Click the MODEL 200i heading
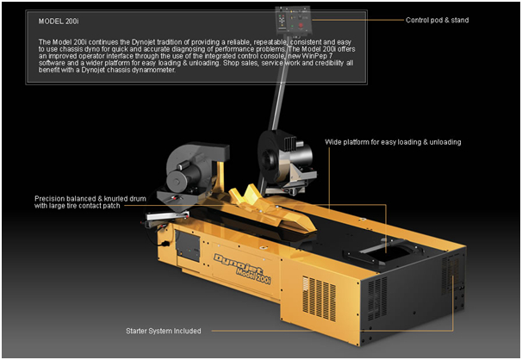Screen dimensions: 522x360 pos(59,22)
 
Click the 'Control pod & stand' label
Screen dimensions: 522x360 pos(437,20)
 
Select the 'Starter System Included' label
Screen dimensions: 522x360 pos(164,331)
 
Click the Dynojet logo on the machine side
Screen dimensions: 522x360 pos(239,264)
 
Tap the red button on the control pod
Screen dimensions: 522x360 pos(301,25)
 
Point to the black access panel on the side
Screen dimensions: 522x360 pos(188,245)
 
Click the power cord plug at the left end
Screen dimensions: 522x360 pos(164,244)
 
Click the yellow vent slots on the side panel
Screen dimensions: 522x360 pos(319,298)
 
